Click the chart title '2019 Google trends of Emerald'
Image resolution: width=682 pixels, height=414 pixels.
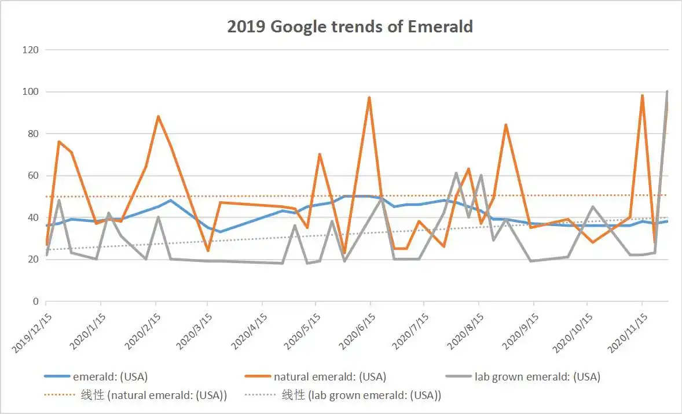pyautogui.click(x=350, y=27)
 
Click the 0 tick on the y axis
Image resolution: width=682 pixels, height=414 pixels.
pyautogui.click(x=36, y=301)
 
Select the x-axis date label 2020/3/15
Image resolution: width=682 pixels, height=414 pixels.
pyautogui.click(x=193, y=331)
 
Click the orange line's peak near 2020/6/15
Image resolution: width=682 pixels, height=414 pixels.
pyautogui.click(x=369, y=98)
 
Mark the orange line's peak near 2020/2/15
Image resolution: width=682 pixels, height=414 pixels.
pyautogui.click(x=158, y=117)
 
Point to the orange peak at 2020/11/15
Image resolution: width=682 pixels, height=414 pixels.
pyautogui.click(x=642, y=95)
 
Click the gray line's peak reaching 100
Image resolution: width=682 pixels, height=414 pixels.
pyautogui.click(x=667, y=91)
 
